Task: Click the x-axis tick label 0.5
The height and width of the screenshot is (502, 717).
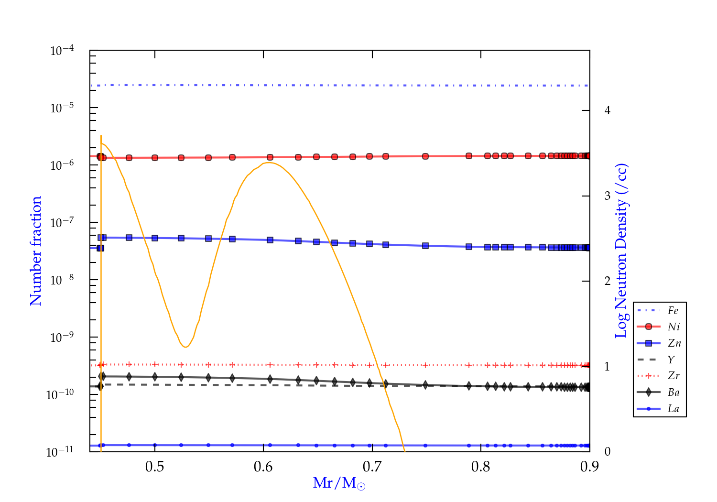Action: click(x=154, y=467)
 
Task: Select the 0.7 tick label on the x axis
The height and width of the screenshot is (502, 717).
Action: click(x=372, y=467)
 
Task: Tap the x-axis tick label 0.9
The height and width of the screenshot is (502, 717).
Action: click(x=589, y=467)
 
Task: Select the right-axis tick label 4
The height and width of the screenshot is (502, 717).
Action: click(x=608, y=110)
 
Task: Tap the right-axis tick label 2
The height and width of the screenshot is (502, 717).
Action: click(x=608, y=281)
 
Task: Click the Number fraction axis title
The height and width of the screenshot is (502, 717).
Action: click(x=36, y=251)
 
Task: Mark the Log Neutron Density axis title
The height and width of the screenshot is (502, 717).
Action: click(x=621, y=251)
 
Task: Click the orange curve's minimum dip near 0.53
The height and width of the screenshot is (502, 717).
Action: click(x=185, y=347)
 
